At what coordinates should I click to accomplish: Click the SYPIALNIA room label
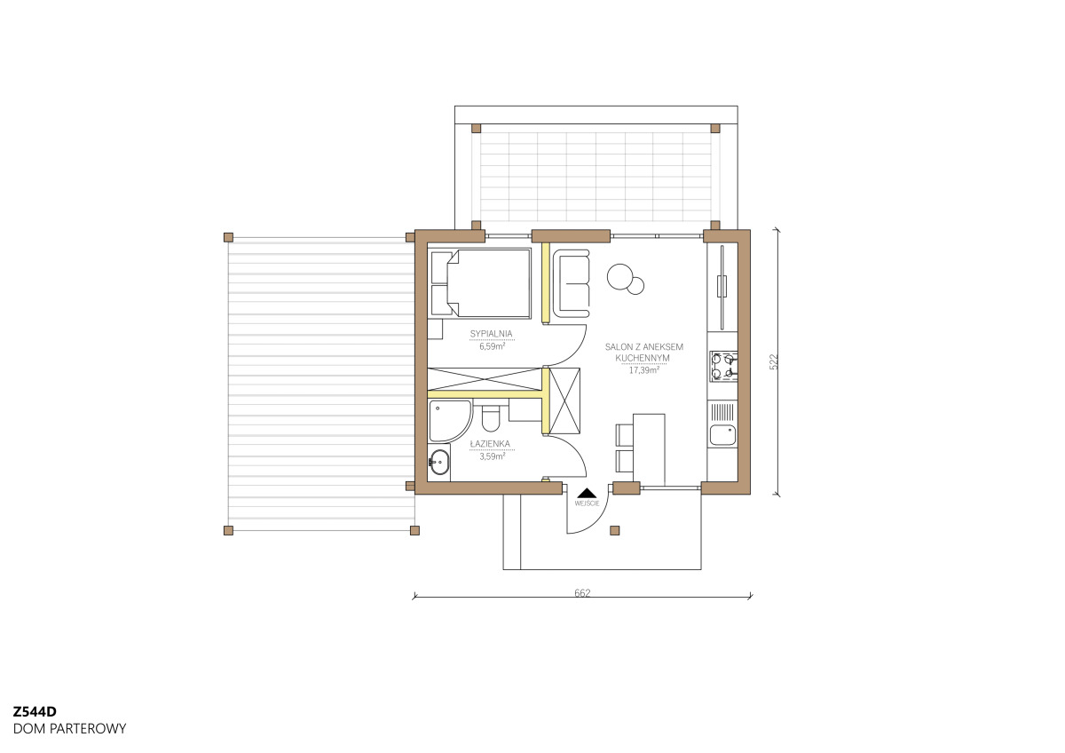pos(491,334)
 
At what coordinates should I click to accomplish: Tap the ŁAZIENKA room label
pos(490,444)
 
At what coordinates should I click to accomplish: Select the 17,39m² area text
pos(643,370)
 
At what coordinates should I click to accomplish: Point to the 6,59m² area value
pos(492,346)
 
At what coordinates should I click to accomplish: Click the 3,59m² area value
pos(492,456)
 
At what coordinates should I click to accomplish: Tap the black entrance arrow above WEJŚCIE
pos(587,493)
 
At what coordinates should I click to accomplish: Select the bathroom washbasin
pos(438,461)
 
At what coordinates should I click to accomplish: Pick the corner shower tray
pos(450,421)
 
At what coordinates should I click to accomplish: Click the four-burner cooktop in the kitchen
pos(723,366)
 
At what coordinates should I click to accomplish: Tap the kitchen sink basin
pos(722,435)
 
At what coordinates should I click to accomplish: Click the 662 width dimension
pos(582,592)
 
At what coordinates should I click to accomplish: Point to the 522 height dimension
pos(774,361)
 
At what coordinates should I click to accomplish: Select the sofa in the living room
pos(572,285)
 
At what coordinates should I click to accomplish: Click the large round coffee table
pos(619,276)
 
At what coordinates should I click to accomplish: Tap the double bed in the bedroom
pos(481,283)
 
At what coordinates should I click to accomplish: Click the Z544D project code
pos(35,711)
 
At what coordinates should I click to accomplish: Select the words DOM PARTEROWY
pos(69,729)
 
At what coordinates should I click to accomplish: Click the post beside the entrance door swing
pos(615,530)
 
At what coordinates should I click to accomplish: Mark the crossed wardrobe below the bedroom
pos(485,379)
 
